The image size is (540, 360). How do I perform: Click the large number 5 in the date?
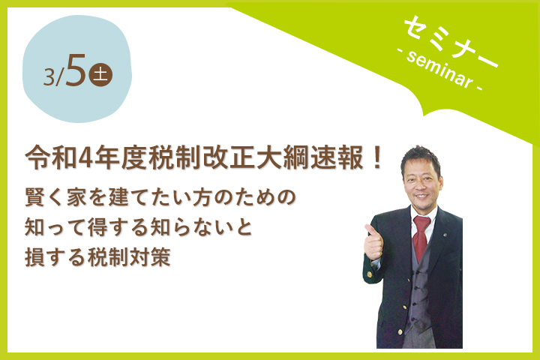pos(75,70)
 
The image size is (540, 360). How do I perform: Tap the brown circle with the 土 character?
pos(100,75)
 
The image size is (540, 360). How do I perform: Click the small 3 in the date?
pos(49,76)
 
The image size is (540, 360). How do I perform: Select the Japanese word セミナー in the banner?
pos(451,40)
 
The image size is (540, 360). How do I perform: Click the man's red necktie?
pos(421,237)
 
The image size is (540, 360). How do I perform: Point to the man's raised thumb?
pos(369,229)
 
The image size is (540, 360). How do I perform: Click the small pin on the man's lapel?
pos(445,235)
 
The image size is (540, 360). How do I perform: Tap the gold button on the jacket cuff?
pos(370,274)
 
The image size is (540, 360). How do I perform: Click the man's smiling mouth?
pos(421,196)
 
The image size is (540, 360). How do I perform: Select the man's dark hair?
pos(420,157)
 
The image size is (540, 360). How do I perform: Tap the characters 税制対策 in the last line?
pos(129,257)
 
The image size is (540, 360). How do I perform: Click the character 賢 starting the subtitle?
pos(34,196)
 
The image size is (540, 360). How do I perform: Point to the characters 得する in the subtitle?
pos(118,227)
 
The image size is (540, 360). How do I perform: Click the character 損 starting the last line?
pos(34,257)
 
